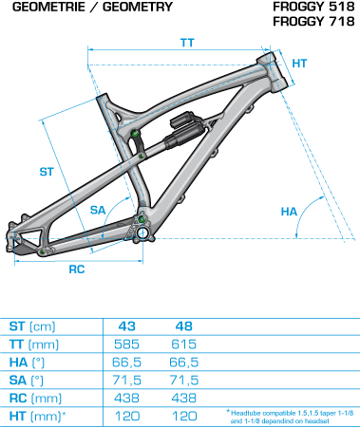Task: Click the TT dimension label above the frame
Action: [x=187, y=43]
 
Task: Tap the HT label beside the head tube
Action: [x=299, y=64]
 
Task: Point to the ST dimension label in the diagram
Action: [x=47, y=172]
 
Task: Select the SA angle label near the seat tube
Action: [x=98, y=210]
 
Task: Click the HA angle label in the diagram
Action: [x=289, y=212]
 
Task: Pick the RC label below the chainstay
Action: [x=77, y=269]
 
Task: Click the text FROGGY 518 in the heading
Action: [x=313, y=7]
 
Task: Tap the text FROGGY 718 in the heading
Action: [x=313, y=22]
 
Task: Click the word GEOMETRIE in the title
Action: [x=48, y=7]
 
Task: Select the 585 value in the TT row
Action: [x=126, y=344]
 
